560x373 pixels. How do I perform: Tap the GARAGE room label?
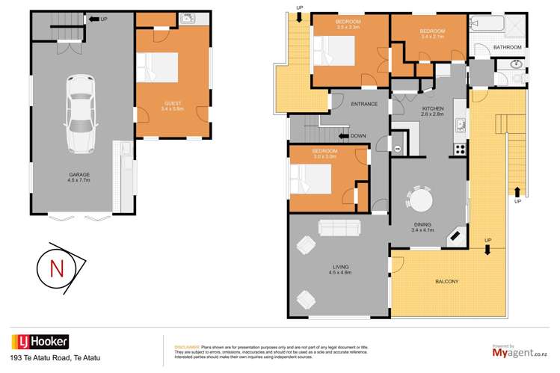(73, 176)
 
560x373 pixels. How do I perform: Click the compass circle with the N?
(55, 270)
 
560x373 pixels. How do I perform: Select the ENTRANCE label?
(364, 104)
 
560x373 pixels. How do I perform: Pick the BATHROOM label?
(507, 47)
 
